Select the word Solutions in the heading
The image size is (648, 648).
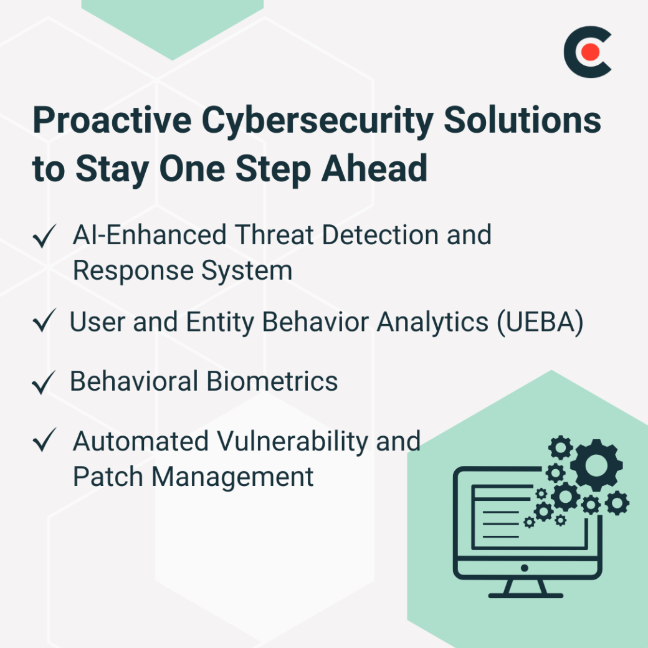pos(523,120)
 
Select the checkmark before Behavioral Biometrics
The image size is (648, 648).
pos(44,383)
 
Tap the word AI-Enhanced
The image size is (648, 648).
pos(150,236)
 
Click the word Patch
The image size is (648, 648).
pos(108,477)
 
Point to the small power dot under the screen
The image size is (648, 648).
pos(525,568)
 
